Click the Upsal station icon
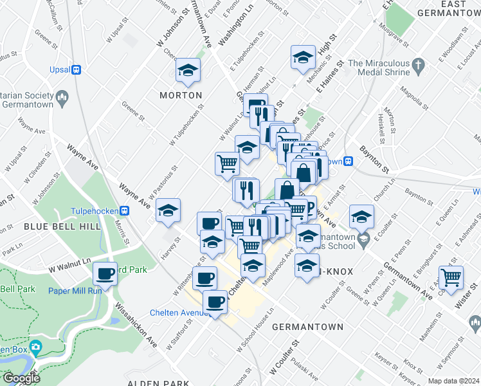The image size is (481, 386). pos(76,69)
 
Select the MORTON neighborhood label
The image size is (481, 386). pos(181,95)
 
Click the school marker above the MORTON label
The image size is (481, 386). pos(188,70)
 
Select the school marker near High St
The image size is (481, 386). pos(303,57)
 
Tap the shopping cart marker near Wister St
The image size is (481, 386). pos(451,277)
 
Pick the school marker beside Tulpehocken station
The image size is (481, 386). pos(168,210)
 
